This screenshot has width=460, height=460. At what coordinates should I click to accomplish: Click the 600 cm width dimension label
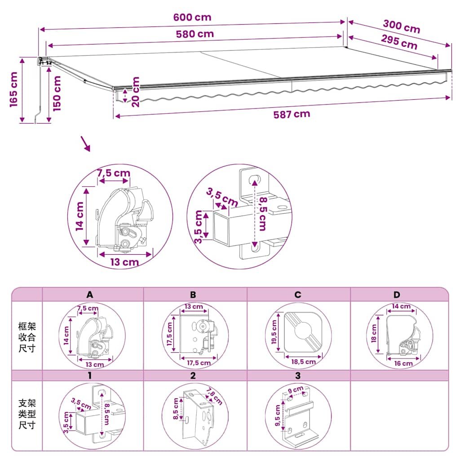(192, 18)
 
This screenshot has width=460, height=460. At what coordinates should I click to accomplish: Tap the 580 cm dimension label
(195, 34)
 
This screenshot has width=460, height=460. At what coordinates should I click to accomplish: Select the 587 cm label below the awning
(292, 114)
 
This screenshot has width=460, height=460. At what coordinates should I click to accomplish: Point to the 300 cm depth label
(402, 27)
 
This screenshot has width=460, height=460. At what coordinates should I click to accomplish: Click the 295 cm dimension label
(399, 42)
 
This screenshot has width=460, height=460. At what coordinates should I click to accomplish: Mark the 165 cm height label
(13, 89)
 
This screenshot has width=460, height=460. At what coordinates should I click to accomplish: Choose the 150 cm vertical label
(57, 93)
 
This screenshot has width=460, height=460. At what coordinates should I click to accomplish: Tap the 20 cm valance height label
(136, 92)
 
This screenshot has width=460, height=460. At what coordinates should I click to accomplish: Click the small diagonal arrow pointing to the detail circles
(86, 144)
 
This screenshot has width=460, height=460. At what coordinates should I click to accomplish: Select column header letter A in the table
(90, 295)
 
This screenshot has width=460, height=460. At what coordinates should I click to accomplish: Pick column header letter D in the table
(397, 295)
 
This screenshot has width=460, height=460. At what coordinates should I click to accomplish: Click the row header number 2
(193, 376)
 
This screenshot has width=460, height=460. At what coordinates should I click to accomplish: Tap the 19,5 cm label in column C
(274, 332)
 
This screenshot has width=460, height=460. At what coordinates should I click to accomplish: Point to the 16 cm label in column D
(403, 363)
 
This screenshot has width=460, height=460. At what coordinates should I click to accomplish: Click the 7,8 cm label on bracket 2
(214, 396)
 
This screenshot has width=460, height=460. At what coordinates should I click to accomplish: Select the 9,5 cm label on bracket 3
(278, 416)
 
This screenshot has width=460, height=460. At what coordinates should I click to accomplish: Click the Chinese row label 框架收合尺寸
(27, 337)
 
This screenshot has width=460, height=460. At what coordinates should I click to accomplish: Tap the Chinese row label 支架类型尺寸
(27, 414)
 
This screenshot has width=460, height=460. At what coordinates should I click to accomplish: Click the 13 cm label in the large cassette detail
(124, 262)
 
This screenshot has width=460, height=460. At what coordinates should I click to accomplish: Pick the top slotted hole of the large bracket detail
(255, 179)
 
